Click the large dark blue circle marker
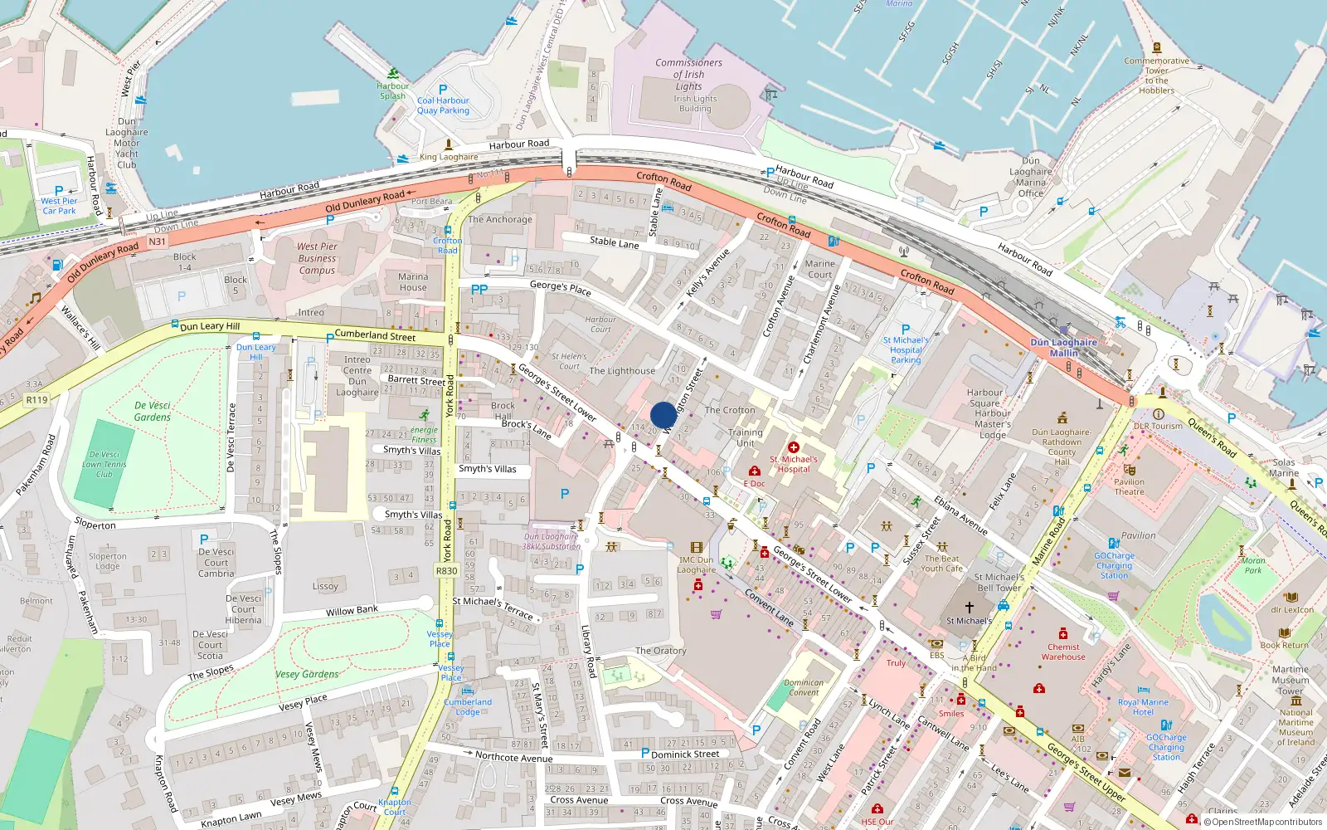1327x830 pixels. pos(663,415)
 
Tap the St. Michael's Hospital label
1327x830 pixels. pos(793,464)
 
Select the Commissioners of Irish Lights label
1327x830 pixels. pos(688,75)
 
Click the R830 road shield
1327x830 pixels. pos(446,571)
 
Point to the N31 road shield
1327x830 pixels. pos(157,242)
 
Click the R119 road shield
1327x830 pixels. pos(36,400)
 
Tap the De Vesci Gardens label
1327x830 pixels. pos(153,412)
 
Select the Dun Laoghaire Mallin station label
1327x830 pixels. pos(1063,347)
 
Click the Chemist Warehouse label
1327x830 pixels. pos(1063,652)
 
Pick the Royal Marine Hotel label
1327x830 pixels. pos(1143,707)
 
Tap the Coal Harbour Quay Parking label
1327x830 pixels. pos(443,105)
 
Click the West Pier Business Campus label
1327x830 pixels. pos(317,258)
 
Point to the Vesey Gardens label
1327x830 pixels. pos(307,674)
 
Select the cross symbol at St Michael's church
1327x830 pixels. pos(969,608)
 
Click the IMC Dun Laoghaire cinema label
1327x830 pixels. pos(696,564)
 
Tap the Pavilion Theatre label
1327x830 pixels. pos(1129,486)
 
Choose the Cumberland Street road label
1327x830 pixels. pos(375,335)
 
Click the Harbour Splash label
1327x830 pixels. pos(392,90)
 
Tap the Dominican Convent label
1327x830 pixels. pos(804,687)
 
